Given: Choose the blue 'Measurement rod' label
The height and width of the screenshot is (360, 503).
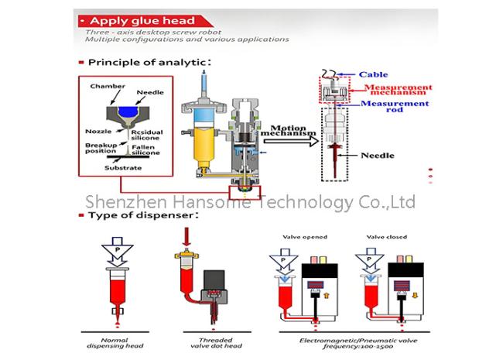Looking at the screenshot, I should pos(394,107).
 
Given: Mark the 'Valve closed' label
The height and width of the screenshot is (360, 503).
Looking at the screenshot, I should pos(388,237).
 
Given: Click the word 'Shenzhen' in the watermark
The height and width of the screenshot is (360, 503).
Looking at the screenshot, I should pos(116,202).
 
